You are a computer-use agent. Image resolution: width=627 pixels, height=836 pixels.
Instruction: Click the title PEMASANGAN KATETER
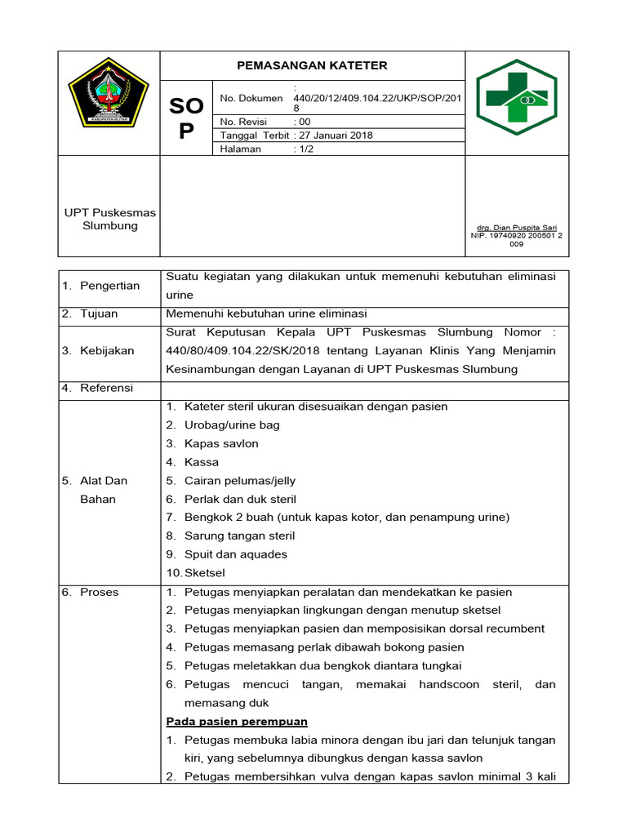(x=312, y=65)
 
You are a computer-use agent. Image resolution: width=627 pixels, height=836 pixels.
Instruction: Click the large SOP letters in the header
(x=186, y=118)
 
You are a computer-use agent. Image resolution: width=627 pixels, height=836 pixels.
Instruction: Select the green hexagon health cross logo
(x=516, y=97)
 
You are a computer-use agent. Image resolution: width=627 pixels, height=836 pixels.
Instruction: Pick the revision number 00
(x=304, y=122)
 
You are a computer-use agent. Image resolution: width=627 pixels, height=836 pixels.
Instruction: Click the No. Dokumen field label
(x=250, y=99)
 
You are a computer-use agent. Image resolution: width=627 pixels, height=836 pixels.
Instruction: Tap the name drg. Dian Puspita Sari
(x=516, y=228)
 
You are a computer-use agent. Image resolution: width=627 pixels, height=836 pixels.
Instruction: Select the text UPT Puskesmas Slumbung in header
(x=109, y=219)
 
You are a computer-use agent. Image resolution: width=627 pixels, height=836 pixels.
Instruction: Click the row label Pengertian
(x=109, y=286)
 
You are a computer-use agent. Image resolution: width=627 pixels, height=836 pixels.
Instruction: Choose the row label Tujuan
(x=99, y=313)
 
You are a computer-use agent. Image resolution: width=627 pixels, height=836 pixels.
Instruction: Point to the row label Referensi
(x=106, y=388)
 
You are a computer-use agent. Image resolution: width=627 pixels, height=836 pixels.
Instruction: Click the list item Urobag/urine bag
(x=232, y=425)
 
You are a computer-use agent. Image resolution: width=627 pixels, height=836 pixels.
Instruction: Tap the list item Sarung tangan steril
(x=239, y=536)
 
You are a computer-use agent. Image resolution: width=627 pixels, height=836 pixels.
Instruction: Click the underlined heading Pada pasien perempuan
(x=237, y=722)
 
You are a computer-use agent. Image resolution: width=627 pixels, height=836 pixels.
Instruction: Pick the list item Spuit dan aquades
(x=236, y=554)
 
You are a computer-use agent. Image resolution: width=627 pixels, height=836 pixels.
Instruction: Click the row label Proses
(x=99, y=592)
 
